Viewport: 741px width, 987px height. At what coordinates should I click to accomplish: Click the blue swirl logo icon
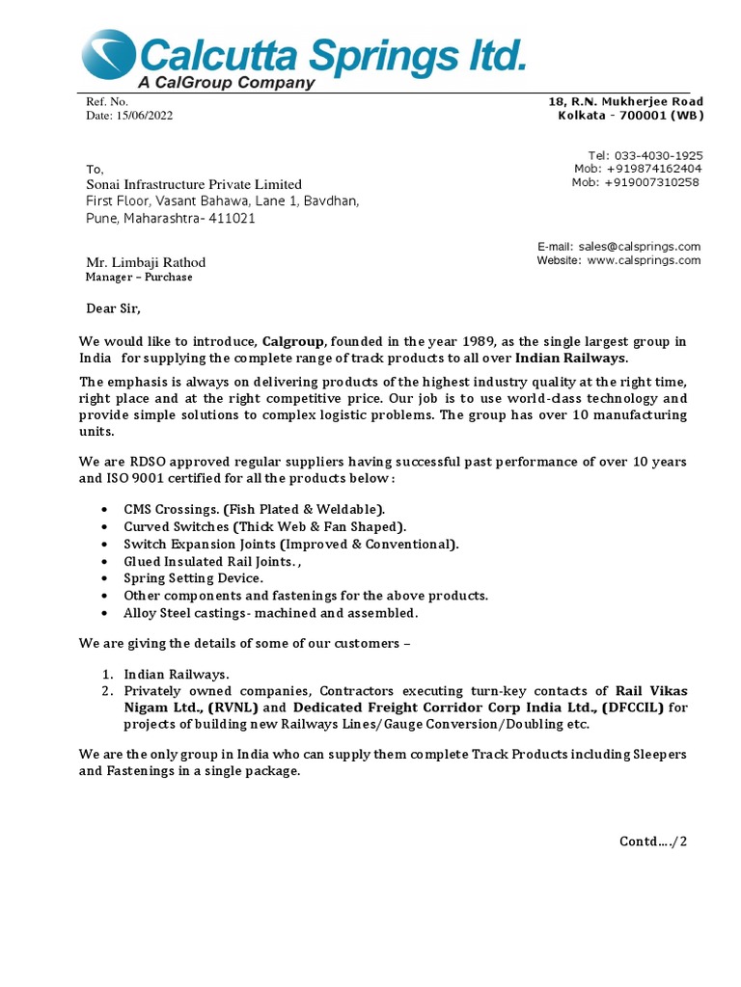coord(109,54)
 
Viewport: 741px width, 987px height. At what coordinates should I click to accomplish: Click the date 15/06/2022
coord(144,116)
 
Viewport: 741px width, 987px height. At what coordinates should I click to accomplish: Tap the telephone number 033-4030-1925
coord(658,155)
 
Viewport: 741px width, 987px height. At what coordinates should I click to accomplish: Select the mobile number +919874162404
coord(653,169)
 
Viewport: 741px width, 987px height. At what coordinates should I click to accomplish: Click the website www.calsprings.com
coord(644,260)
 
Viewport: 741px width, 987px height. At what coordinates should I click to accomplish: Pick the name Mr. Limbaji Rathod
coord(146,262)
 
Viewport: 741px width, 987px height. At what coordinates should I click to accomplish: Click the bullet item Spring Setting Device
coord(193,578)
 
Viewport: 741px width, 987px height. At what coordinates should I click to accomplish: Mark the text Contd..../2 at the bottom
coord(653,841)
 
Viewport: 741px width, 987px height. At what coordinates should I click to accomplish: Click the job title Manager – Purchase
coord(139,278)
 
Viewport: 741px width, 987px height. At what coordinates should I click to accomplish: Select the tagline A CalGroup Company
coord(226,83)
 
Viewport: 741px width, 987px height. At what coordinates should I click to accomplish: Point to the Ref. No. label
coord(107,101)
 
